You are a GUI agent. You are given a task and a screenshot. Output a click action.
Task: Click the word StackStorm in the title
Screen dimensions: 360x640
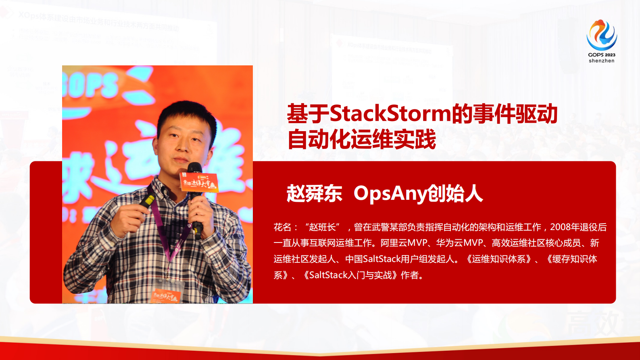[390, 113]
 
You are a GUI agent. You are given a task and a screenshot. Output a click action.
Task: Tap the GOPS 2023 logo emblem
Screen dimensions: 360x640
[601, 35]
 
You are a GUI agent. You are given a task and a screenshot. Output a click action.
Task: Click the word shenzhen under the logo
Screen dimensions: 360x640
[601, 61]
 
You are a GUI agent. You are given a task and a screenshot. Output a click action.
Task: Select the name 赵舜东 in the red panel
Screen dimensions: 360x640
[314, 194]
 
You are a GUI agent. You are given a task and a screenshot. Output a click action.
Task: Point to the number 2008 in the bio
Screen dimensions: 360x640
[560, 227]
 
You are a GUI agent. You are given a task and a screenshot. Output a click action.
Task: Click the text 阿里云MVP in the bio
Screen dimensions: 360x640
[403, 243]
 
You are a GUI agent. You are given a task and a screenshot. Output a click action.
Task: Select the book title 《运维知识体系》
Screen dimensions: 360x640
[499, 259]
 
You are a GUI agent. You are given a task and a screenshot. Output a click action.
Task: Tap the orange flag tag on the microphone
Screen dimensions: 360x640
[199, 182]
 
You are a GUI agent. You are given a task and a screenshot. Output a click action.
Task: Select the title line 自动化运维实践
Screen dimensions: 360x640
[362, 140]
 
